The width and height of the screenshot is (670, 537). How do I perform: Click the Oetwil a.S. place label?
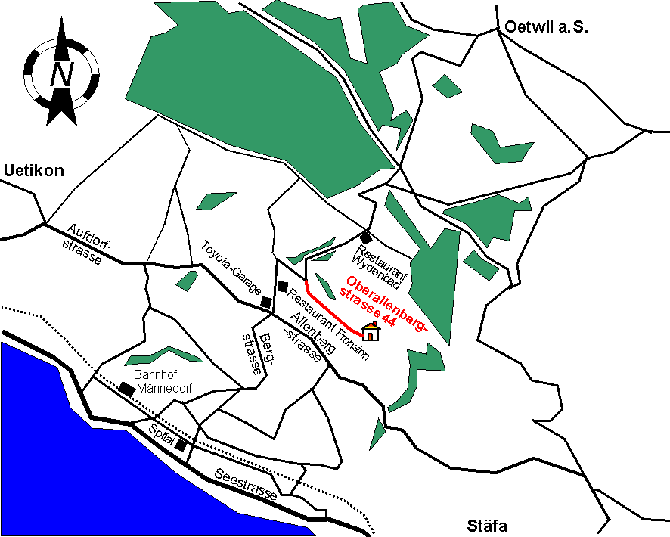coord(544,27)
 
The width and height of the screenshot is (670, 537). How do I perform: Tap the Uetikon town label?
coord(34,171)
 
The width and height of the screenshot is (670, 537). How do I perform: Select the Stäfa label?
coord(488,526)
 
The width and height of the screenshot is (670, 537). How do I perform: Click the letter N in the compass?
coord(61,74)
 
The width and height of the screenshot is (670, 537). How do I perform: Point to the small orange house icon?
coord(371,331)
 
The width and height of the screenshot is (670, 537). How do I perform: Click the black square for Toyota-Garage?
coord(266,302)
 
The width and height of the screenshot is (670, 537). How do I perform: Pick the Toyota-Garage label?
coord(231,268)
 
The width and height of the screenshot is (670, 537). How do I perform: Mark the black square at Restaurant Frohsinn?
coord(284,287)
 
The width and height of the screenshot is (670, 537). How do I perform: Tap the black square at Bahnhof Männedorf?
coord(126,389)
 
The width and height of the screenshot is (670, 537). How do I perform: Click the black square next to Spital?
coord(181,445)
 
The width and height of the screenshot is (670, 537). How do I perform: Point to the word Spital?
coord(161,437)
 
